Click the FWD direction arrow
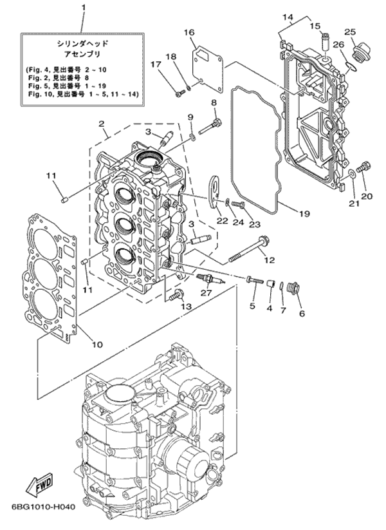[x=39, y=482]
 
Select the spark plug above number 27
[x=210, y=278]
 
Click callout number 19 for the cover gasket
[x=304, y=214]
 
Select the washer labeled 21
[x=351, y=174]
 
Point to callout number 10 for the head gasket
[x=97, y=345]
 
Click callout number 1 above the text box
[x=84, y=7]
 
